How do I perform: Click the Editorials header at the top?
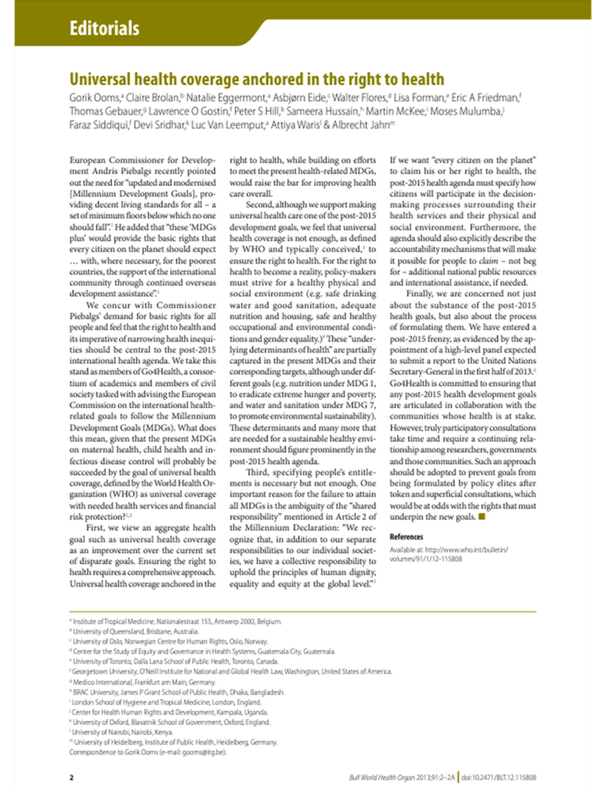point(104,29)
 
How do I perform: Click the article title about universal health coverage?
point(257,79)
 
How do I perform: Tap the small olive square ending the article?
point(482,517)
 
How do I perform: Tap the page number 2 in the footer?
point(71,777)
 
